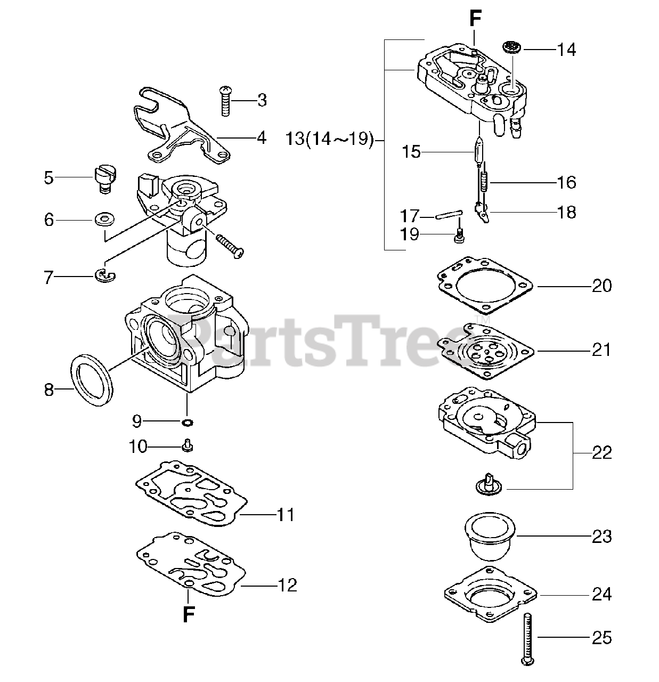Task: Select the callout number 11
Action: coord(286,515)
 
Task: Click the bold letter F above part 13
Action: coord(475,19)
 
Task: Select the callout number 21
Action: coord(601,350)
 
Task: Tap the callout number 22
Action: coord(601,453)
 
